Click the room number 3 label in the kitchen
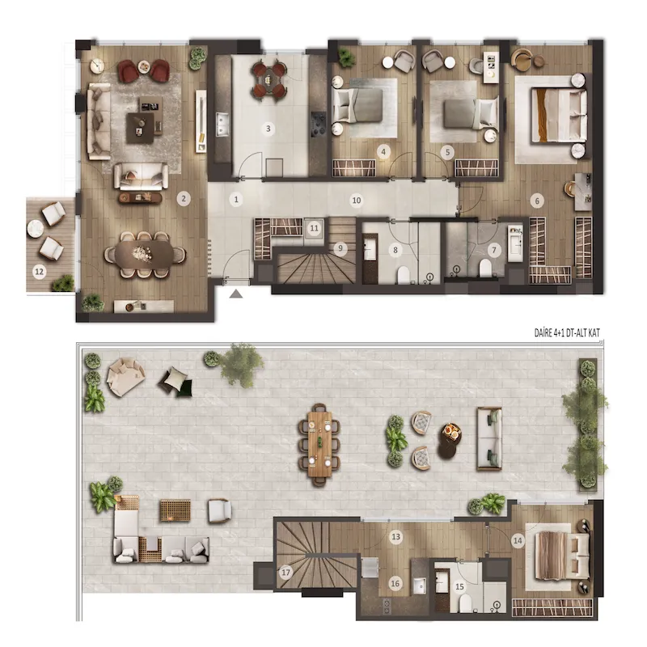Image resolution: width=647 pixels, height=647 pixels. click(269, 129)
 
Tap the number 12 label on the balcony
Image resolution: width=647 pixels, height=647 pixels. click(39, 272)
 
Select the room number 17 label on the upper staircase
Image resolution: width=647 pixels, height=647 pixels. click(285, 573)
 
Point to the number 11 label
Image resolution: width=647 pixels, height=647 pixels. click(315, 228)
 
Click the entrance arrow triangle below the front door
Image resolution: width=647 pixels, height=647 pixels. click(235, 294)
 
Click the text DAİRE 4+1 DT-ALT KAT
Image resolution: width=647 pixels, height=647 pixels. click(567, 333)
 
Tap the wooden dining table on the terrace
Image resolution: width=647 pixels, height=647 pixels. click(319, 444)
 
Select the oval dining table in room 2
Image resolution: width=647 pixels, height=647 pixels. click(145, 254)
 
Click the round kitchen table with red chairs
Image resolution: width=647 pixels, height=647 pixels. click(269, 78)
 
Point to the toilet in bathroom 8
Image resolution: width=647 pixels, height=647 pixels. click(403, 276)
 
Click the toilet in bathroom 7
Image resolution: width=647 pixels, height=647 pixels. click(485, 269)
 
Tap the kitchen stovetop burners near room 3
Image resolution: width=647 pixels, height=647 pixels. click(319, 124)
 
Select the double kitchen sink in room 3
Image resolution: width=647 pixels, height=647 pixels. click(222, 125)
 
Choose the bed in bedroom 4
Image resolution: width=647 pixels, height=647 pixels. click(357, 106)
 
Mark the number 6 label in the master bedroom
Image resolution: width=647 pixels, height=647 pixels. click(537, 201)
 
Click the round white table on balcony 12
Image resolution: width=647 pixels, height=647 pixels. click(36, 228)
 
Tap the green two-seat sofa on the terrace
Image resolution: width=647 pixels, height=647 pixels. click(489, 439)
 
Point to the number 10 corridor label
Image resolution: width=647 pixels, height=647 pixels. click(356, 201)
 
